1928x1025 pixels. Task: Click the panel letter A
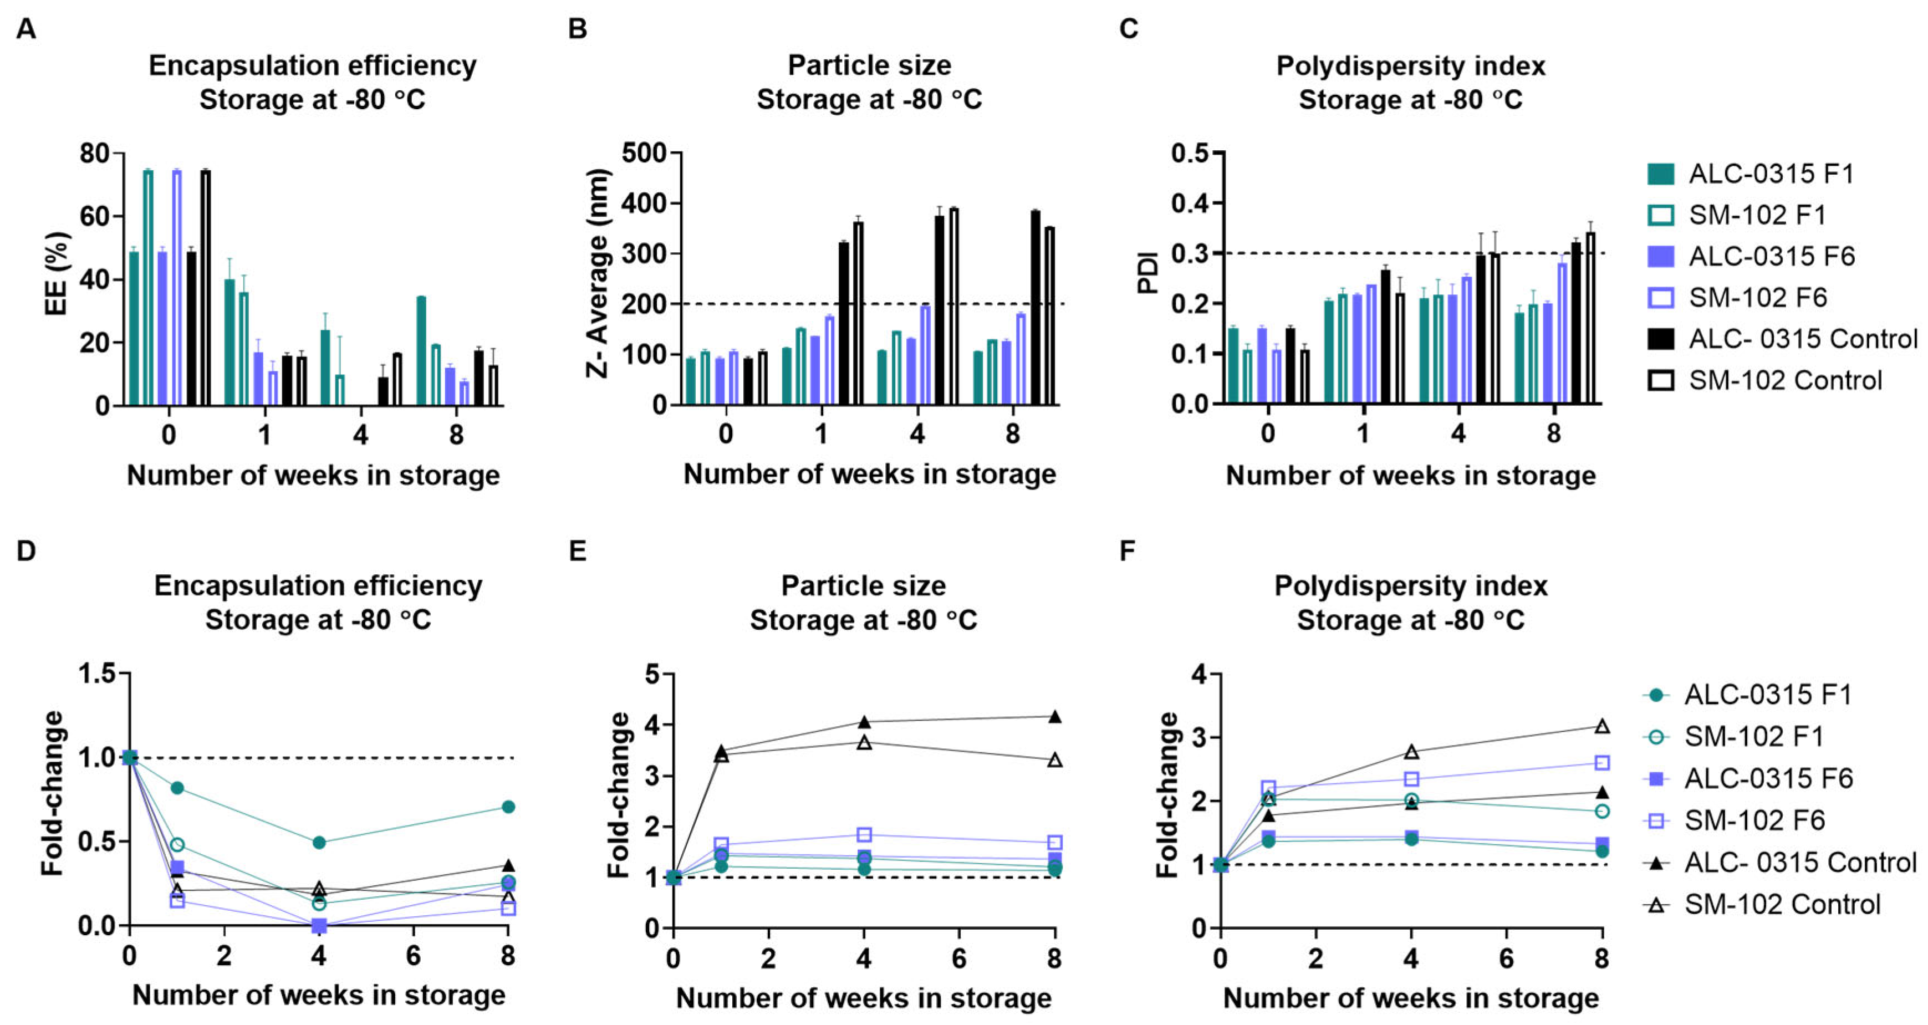[26, 29]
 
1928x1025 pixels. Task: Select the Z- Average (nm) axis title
[599, 273]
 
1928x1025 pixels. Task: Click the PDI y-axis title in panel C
[1147, 273]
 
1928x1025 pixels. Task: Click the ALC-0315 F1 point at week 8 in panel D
[508, 807]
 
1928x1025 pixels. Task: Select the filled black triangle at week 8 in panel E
[1054, 717]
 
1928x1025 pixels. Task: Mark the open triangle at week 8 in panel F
[1601, 726]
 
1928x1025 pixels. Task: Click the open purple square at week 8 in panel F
[1601, 763]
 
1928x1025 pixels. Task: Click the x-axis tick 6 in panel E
[959, 958]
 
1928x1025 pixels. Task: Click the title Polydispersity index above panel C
[1410, 66]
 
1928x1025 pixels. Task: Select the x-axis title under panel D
[319, 995]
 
